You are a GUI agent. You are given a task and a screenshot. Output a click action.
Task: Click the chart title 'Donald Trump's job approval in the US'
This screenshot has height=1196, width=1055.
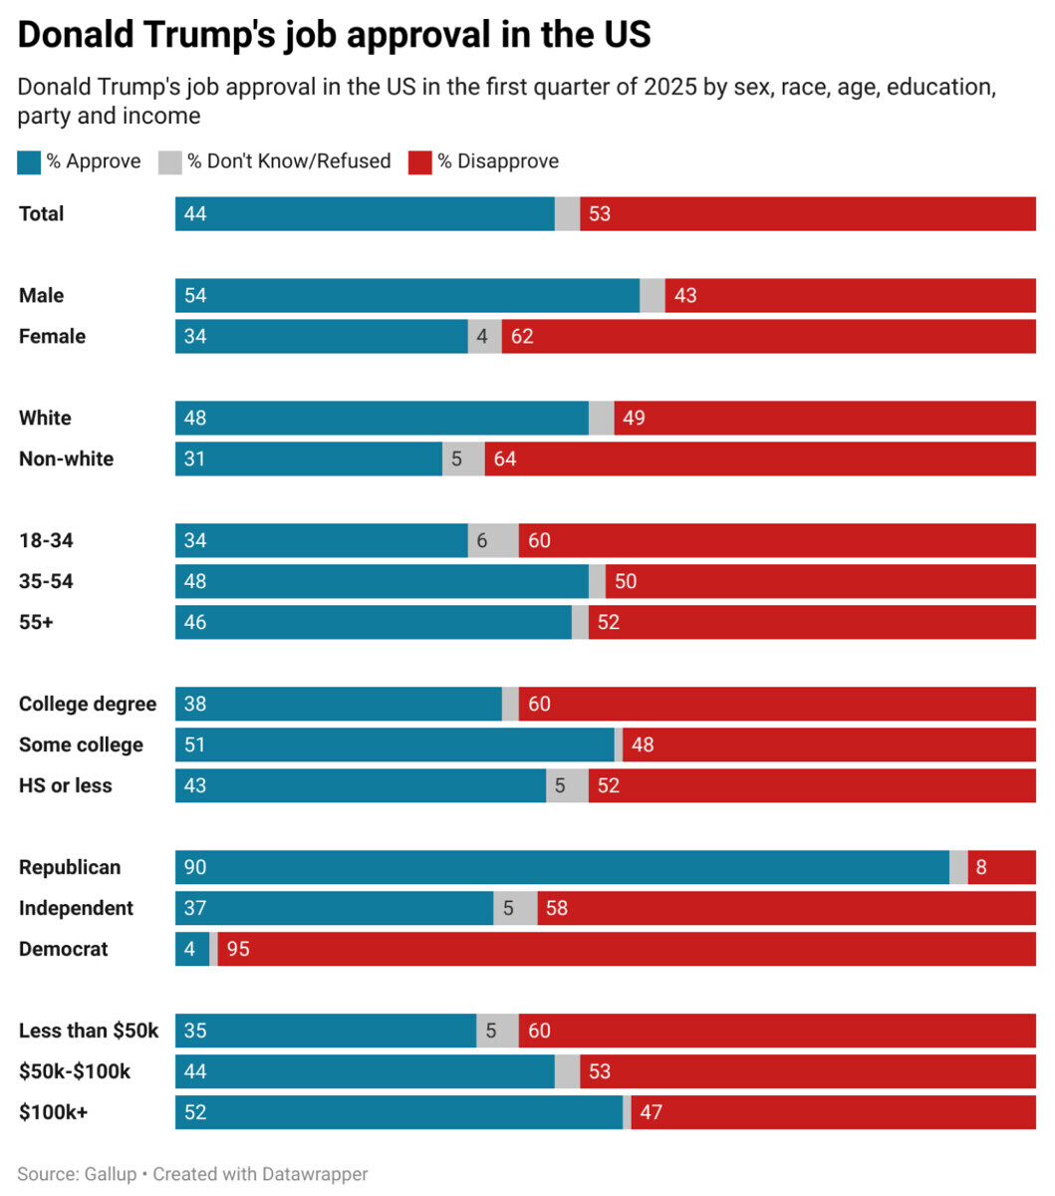334,35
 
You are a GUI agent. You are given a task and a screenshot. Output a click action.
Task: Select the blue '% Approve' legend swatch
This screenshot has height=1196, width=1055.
29,162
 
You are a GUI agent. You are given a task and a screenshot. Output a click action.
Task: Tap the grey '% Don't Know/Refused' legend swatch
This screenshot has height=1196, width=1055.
170,162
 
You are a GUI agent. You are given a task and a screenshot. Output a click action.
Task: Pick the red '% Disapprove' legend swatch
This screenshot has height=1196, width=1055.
420,162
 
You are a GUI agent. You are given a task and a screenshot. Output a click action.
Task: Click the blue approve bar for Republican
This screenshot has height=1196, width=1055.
562,867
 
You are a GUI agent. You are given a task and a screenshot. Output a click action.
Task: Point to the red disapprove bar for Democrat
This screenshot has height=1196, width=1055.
627,949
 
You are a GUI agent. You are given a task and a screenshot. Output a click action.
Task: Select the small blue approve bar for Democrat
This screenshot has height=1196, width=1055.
192,949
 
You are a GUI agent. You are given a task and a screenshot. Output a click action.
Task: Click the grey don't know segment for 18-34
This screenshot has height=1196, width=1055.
493,540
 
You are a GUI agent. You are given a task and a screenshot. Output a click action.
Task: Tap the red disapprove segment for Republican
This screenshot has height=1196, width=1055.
1001,867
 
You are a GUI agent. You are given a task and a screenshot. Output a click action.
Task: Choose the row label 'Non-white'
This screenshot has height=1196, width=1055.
66,459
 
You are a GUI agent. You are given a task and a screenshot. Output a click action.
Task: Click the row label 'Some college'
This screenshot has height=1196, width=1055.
81,745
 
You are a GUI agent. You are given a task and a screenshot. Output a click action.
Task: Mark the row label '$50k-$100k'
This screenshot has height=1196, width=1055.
75,1071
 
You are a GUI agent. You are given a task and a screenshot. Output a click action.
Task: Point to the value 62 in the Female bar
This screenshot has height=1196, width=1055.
522,337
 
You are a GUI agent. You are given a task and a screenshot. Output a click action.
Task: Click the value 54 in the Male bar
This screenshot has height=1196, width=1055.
195,296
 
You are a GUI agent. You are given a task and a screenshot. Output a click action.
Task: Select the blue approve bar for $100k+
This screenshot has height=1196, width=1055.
398,1112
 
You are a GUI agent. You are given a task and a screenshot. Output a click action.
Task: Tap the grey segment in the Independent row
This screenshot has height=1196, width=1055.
515,908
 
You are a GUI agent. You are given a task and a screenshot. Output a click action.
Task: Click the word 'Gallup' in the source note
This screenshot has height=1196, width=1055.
110,1174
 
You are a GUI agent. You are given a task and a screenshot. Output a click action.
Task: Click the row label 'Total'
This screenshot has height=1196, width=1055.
42,214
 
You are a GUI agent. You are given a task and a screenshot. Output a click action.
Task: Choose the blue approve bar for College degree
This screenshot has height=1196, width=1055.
339,704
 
